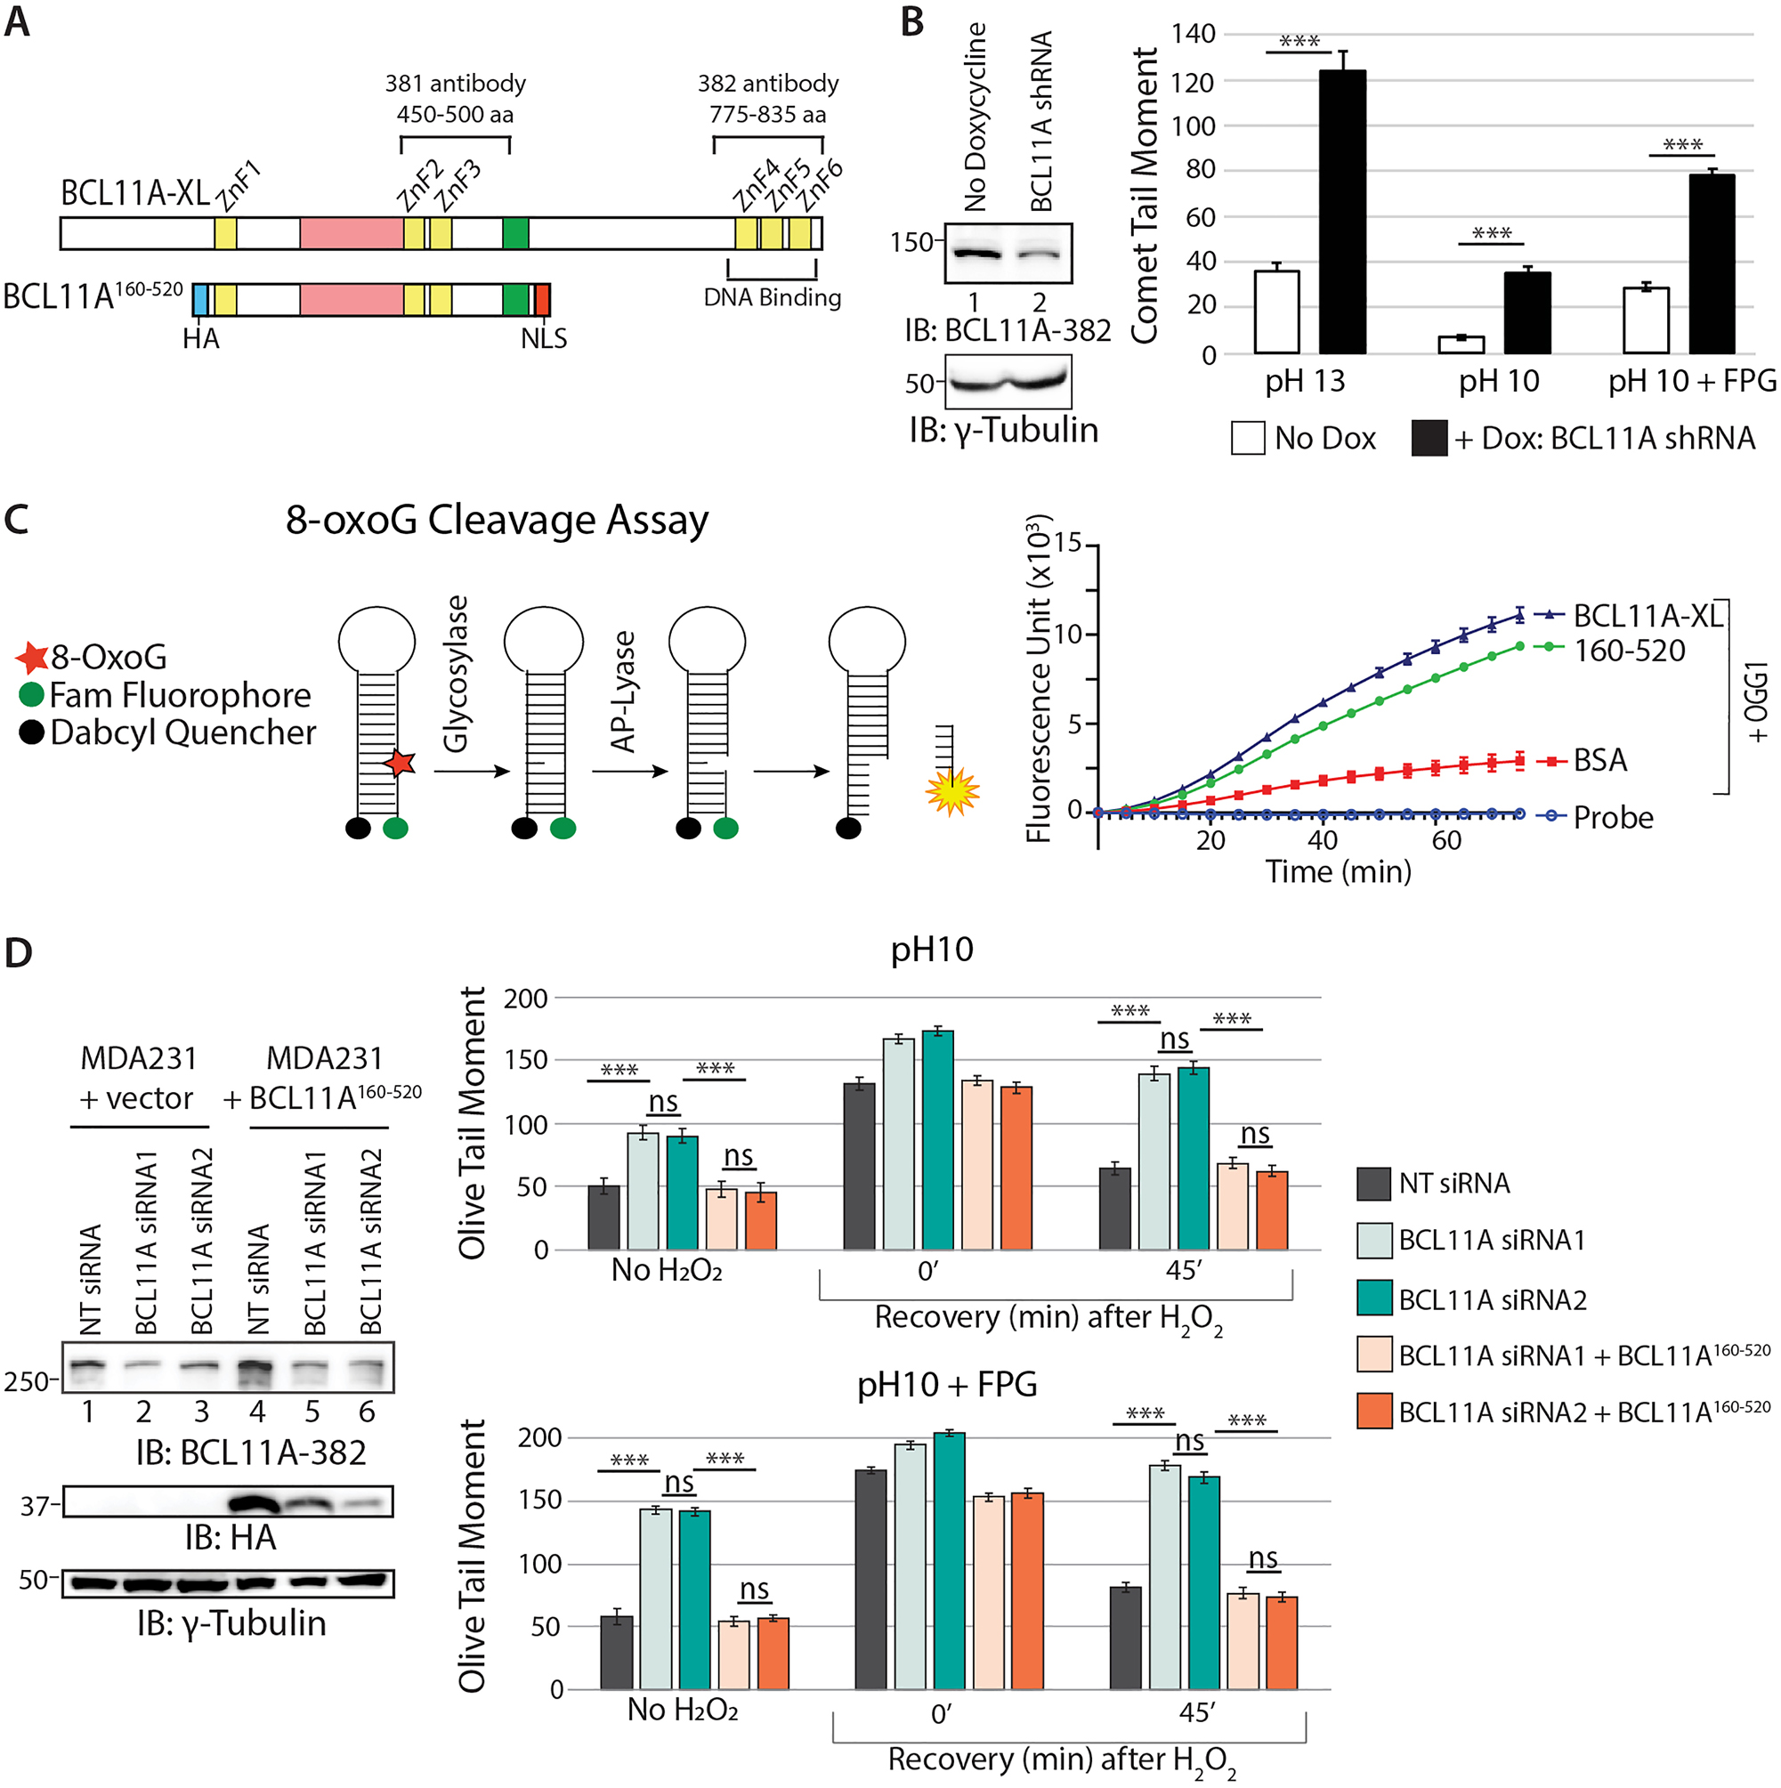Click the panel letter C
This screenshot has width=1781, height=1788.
tap(17, 519)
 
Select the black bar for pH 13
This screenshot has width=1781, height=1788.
tap(1341, 212)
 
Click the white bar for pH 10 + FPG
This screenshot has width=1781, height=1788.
tap(1645, 320)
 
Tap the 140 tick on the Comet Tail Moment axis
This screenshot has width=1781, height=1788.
tap(1194, 34)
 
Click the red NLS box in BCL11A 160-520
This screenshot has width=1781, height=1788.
tap(542, 300)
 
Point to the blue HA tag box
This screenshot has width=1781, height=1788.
tap(200, 300)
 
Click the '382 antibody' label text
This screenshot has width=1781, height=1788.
tap(767, 84)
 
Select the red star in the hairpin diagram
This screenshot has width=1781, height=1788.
tap(400, 763)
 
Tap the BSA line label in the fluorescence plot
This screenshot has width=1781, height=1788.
tap(1599, 760)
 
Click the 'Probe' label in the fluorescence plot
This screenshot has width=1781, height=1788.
tap(1613, 817)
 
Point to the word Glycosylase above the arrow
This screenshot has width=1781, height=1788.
tap(456, 674)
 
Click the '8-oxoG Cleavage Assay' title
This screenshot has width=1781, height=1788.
tap(496, 520)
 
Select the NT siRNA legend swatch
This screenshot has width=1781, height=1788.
tap(1372, 1184)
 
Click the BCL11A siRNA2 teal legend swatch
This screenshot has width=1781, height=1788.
tap(1372, 1299)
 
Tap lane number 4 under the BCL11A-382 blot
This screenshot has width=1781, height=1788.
tap(256, 1412)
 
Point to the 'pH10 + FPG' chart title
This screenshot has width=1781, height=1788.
tap(946, 1385)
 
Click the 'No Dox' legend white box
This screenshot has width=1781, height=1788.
tap(1247, 438)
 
